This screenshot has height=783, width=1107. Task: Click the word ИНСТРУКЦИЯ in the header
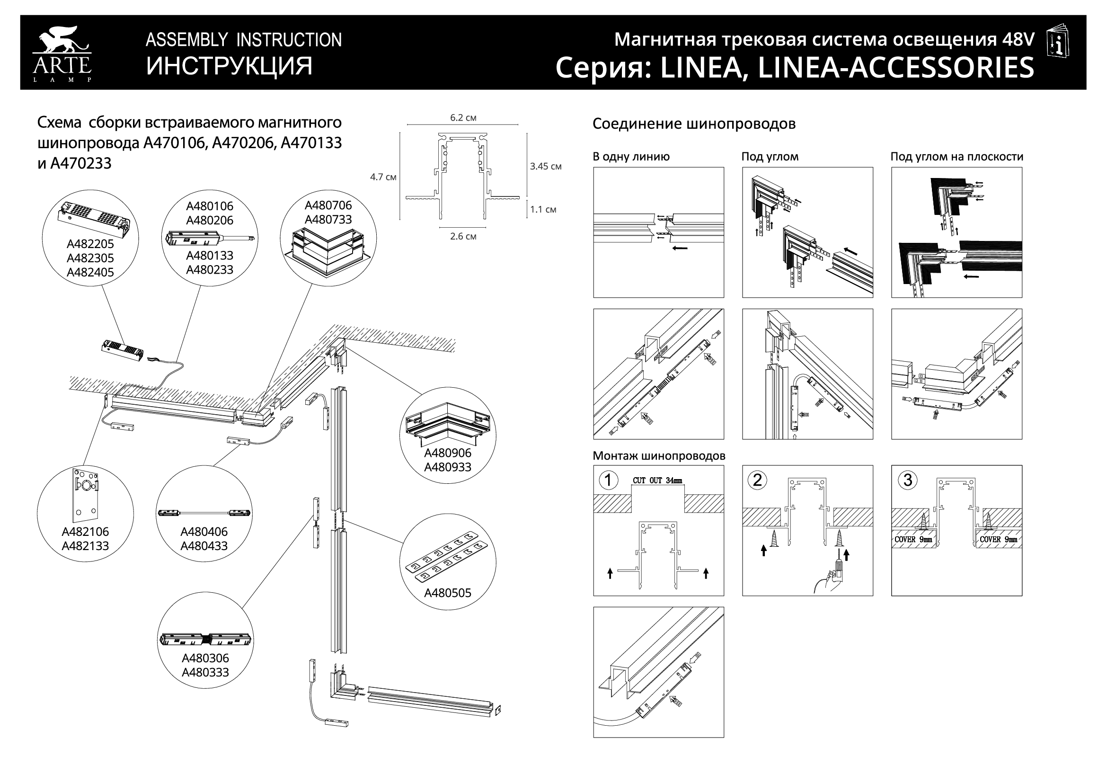point(229,66)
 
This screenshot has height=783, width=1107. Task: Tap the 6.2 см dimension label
point(463,118)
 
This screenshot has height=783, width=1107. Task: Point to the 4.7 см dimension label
point(383,177)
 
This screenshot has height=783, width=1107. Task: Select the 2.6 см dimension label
point(463,236)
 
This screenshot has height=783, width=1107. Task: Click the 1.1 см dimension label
point(543,210)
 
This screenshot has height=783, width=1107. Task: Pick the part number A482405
point(90,272)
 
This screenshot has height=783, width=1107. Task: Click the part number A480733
point(328,220)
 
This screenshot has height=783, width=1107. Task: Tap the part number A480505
point(447,593)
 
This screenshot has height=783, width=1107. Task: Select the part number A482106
point(85,532)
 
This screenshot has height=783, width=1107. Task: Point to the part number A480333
point(205,672)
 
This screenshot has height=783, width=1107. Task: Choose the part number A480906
point(447,453)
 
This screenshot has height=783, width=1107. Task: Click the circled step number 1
point(609,480)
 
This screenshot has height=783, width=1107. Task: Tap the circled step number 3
point(907,480)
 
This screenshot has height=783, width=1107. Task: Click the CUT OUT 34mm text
point(658,480)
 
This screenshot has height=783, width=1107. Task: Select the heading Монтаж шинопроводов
point(659,455)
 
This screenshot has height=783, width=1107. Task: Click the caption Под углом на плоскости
point(956,157)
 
